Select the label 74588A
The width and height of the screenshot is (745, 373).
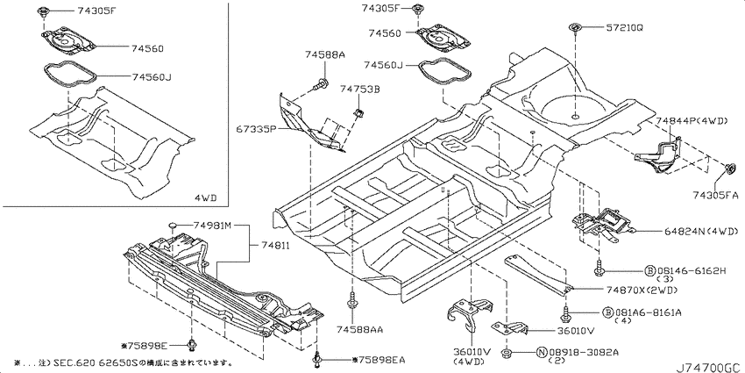click(325, 55)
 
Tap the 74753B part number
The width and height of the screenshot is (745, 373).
click(359, 89)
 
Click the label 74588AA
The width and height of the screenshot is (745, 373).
click(359, 329)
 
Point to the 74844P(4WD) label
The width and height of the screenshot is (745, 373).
click(692, 121)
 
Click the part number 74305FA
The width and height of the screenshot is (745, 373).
click(715, 194)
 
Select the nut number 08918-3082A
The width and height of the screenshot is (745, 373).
click(584, 353)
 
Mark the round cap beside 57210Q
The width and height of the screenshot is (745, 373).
click(575, 27)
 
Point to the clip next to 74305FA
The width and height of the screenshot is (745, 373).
click(731, 169)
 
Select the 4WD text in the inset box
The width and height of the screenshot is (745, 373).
click(205, 197)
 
